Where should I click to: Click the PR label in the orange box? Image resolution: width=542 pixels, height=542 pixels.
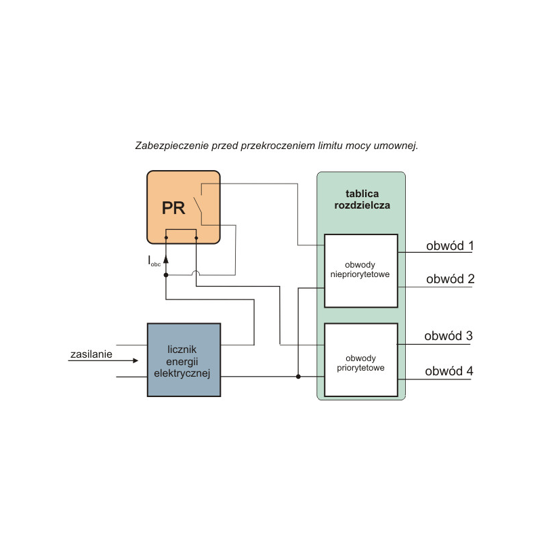[x=173, y=207]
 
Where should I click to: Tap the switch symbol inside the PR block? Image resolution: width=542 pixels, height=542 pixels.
[x=197, y=204]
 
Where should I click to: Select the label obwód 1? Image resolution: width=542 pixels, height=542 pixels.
[x=449, y=246]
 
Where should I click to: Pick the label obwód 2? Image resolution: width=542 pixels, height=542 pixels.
[x=449, y=278]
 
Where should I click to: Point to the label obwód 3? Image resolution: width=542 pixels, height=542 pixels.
[x=449, y=336]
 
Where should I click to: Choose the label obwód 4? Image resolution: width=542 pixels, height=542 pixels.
[x=449, y=371]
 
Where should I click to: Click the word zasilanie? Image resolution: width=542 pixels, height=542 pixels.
[x=91, y=354]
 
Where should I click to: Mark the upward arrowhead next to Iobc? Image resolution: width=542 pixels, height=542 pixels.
[x=166, y=258]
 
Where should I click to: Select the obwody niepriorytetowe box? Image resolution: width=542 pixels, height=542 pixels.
[x=361, y=270]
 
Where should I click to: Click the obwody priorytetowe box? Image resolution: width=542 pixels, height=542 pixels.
[x=361, y=360]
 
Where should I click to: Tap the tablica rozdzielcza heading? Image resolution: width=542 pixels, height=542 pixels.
[x=362, y=198]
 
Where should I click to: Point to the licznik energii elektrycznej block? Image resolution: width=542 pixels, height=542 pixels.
[x=184, y=360]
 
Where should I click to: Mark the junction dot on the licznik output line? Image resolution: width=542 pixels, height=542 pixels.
[x=298, y=376]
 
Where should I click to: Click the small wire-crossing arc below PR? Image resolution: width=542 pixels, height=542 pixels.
[x=196, y=274]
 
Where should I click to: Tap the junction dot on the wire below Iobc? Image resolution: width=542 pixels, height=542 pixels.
[x=166, y=275]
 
